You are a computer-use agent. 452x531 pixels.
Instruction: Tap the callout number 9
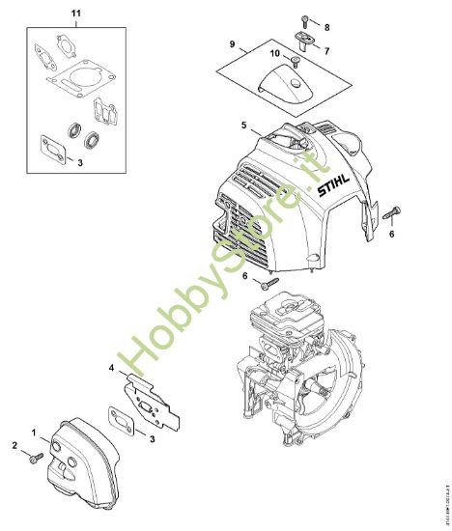[x=232, y=44]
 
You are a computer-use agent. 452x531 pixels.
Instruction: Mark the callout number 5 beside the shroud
[x=244, y=126]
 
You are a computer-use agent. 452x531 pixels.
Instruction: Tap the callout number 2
[x=14, y=444]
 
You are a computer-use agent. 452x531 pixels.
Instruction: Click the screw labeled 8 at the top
[x=304, y=21]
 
